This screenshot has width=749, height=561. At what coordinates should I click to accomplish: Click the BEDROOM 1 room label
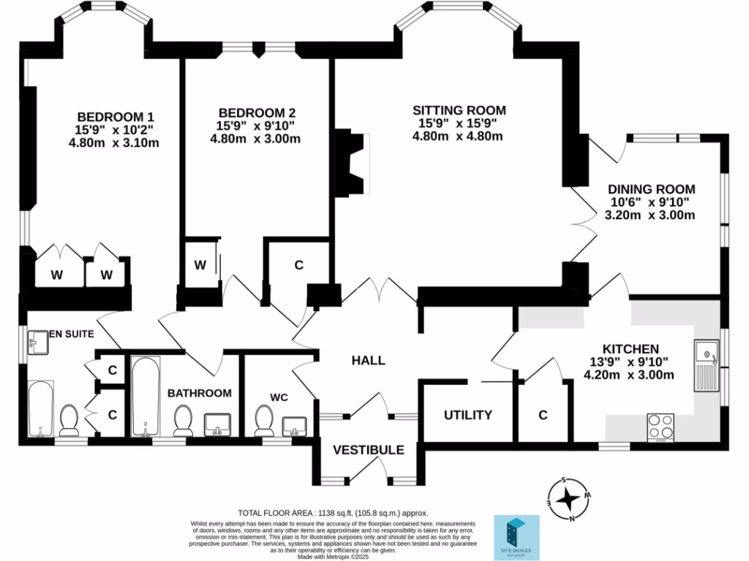(116, 117)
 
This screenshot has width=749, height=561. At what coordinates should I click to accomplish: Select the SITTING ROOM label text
(459, 110)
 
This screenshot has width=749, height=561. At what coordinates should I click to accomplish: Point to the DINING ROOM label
(652, 189)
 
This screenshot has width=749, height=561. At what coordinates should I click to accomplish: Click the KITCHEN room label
(631, 349)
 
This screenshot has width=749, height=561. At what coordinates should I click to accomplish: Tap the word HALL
(368, 360)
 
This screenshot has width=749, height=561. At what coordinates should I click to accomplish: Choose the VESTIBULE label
(369, 450)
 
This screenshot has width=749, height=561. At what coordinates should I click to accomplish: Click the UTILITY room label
(468, 415)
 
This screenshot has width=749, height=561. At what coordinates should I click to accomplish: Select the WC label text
(279, 397)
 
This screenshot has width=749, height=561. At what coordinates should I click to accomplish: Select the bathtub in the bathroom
(147, 397)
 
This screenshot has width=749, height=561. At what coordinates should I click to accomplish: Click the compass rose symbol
(568, 500)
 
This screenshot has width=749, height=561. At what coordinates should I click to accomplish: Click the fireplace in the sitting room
(353, 163)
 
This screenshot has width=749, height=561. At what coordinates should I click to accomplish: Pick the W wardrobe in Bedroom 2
(200, 264)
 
